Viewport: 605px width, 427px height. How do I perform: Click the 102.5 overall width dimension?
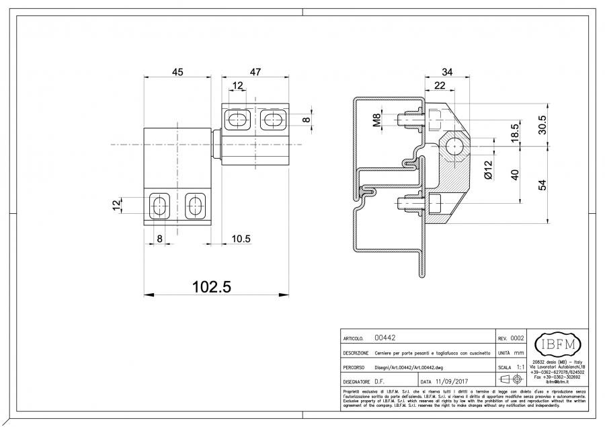(x=212, y=287)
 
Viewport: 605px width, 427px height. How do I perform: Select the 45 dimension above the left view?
(x=178, y=73)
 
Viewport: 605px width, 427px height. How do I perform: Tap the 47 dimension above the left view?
(x=255, y=73)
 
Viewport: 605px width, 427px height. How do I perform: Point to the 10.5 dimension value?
(x=241, y=238)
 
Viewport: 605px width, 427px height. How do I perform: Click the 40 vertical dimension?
(x=515, y=173)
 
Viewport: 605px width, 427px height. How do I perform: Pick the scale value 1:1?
(x=520, y=367)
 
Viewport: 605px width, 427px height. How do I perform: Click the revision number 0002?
(x=517, y=338)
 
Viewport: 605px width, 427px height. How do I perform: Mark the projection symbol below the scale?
(x=510, y=381)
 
